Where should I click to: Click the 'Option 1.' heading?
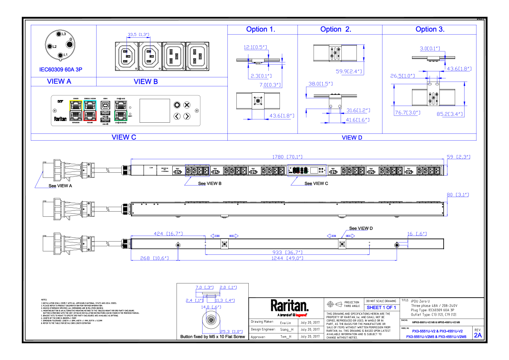260,30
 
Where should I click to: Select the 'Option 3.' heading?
430,30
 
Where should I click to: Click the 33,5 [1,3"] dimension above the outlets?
138,35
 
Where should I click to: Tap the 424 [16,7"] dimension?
168,233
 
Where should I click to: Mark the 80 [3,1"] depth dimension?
458,195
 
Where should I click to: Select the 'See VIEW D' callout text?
361,229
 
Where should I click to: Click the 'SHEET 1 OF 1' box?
381,307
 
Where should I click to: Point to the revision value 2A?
477,336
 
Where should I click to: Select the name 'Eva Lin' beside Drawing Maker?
285,323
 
